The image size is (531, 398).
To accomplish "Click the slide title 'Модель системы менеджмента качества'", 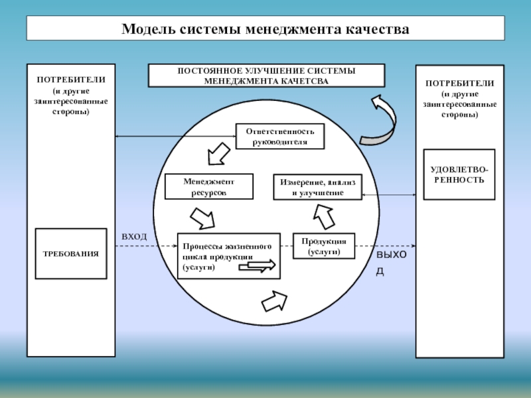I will [x=265, y=30].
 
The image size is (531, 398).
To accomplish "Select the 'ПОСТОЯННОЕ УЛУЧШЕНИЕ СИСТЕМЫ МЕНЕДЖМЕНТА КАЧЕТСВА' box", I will [x=265, y=76].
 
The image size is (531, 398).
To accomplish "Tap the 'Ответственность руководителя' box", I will [x=280, y=136].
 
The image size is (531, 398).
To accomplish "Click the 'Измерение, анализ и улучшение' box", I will [x=317, y=186].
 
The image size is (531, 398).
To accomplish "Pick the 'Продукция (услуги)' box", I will [x=324, y=245].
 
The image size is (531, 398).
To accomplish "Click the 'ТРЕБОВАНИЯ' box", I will [x=71, y=253].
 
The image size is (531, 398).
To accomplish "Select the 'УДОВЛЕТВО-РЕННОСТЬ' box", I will [x=459, y=174].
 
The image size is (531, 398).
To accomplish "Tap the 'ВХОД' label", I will [x=134, y=236].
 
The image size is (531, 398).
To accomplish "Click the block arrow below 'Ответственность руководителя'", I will [x=218, y=155].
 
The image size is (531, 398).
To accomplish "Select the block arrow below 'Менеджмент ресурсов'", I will [x=202, y=218].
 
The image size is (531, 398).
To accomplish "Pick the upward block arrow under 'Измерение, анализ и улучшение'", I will [x=325, y=216].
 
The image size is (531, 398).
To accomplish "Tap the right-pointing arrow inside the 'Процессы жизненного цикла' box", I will [x=257, y=265].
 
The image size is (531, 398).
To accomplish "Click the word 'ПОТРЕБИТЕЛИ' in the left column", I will [x=71, y=80].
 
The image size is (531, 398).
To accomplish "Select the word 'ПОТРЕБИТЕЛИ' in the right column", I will [x=459, y=84].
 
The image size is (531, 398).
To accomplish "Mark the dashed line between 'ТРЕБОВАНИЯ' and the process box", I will [x=142, y=247].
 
